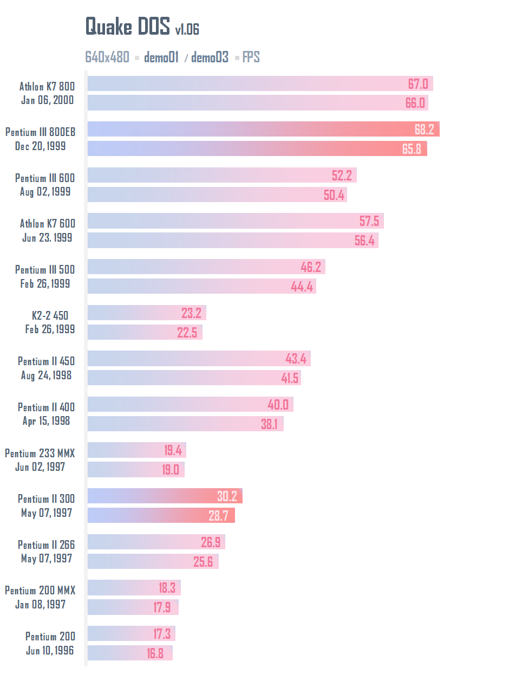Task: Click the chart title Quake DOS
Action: click(128, 26)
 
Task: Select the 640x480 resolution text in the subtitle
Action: click(107, 57)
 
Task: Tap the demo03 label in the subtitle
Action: click(210, 57)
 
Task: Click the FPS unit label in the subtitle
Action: click(251, 57)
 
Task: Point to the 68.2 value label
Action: click(425, 129)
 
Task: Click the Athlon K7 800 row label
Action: click(47, 86)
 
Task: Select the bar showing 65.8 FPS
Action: click(257, 148)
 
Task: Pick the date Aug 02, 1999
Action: click(45, 192)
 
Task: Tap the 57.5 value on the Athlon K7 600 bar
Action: click(369, 221)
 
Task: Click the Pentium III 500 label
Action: click(45, 269)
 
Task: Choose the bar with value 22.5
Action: click(145, 332)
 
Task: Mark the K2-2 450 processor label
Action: click(50, 315)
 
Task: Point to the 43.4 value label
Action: click(296, 359)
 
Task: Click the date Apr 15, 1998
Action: click(46, 421)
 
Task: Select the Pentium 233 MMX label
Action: click(40, 453)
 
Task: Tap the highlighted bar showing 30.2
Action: click(165, 496)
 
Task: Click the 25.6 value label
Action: click(203, 562)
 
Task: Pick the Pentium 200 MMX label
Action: click(40, 591)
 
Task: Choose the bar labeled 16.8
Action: click(130, 653)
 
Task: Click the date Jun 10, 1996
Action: click(50, 650)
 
